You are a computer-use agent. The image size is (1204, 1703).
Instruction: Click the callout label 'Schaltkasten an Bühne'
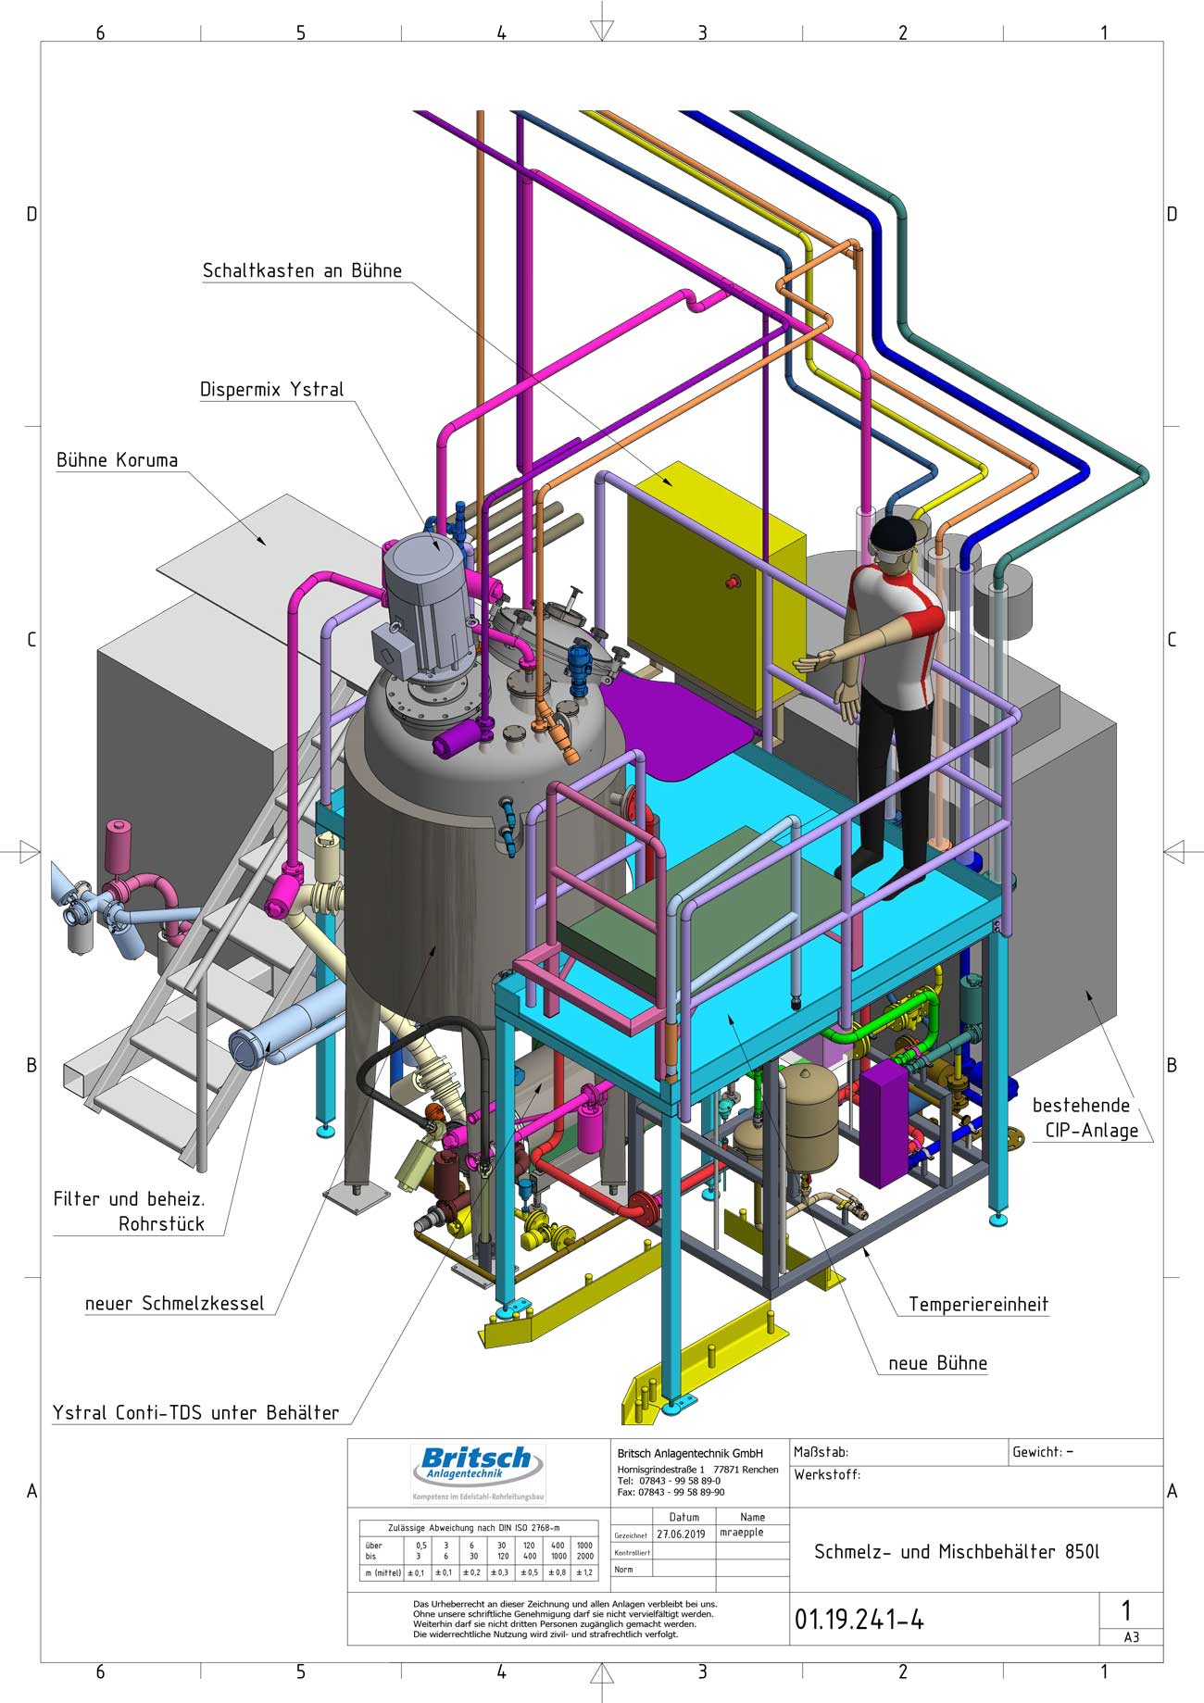pos(302,271)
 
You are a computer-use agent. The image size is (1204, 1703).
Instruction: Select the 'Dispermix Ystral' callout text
pos(271,390)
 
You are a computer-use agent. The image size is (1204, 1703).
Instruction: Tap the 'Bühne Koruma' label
pos(117,461)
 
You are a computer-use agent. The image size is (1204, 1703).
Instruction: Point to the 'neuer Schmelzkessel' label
pos(174,1304)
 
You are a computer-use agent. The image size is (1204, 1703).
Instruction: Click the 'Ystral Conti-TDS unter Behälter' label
pos(195,1413)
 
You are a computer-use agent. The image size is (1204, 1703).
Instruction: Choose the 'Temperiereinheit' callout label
pos(978,1305)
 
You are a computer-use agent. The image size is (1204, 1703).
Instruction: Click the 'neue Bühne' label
pos(937,1363)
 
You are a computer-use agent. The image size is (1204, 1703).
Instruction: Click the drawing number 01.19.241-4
pos(859,1619)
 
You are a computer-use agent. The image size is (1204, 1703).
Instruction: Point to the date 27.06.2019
pos(681,1534)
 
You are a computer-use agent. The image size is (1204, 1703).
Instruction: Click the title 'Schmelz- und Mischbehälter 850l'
pos(957,1552)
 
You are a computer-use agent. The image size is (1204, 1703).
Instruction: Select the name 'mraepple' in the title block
pos(741,1533)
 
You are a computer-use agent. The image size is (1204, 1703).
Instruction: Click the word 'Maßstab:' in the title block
pos(821,1452)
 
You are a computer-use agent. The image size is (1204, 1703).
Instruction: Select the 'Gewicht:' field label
pos(1036,1452)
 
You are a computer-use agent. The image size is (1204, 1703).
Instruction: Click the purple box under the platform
pos(885,1121)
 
